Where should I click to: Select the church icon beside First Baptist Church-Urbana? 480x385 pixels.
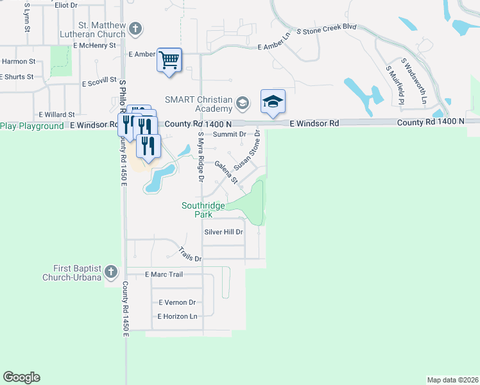click(x=111, y=272)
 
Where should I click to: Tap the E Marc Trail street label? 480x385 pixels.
click(x=164, y=275)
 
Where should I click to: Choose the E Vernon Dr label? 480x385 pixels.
click(x=176, y=302)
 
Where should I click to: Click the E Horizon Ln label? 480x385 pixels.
click(x=177, y=316)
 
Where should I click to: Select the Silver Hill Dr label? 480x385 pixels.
click(x=224, y=232)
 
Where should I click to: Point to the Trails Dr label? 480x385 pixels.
click(x=190, y=255)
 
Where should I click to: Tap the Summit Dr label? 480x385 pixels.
click(x=230, y=134)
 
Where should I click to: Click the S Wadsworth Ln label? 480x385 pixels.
click(x=413, y=81)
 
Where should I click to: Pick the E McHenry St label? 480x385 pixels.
click(x=94, y=46)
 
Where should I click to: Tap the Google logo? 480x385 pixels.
click(x=21, y=377)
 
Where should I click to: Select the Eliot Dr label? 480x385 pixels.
click(x=66, y=5)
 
